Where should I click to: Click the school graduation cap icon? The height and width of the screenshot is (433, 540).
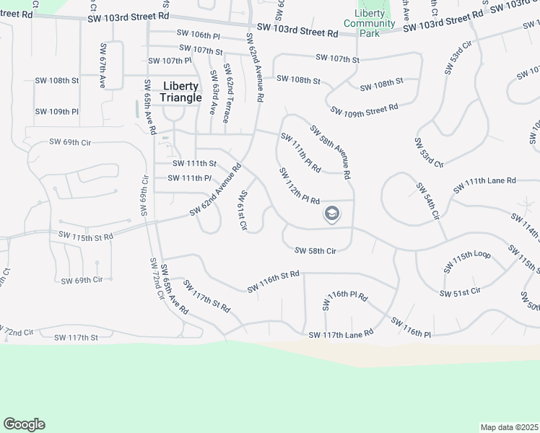331,214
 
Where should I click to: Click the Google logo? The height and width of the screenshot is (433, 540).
24,424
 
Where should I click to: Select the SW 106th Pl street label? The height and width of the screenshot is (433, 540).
198,34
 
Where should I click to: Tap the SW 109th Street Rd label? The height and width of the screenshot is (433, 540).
365,109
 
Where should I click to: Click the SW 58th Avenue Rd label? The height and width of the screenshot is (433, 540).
330,152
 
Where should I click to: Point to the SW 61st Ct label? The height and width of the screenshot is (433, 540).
243,210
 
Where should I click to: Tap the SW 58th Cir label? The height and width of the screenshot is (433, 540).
315,250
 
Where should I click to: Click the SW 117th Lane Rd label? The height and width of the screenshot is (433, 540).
341,334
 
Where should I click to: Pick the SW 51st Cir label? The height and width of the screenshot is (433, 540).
460,292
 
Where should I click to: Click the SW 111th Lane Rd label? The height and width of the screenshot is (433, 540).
484,185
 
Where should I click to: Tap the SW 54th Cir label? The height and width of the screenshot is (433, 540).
427,201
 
